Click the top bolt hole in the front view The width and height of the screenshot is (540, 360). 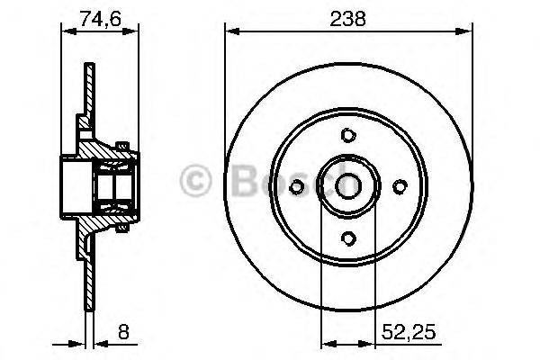[x=347, y=135]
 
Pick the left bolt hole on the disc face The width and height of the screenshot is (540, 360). [x=298, y=186]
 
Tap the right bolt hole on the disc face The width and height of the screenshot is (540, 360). [x=399, y=186]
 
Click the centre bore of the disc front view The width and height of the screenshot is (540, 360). [x=347, y=186]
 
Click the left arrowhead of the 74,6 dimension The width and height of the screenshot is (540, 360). [x=64, y=33]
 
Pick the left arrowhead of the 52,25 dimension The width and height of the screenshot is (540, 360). [x=326, y=343]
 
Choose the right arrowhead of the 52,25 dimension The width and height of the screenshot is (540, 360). [x=369, y=343]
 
